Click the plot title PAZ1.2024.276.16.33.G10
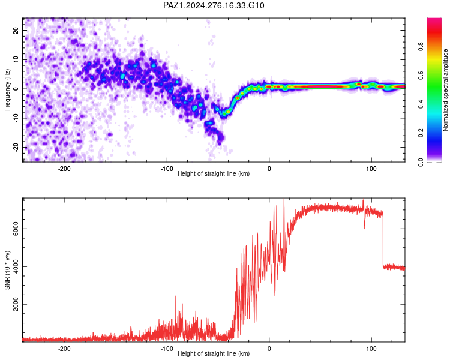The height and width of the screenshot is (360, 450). click(214, 5)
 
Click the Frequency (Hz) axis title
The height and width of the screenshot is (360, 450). click(7, 90)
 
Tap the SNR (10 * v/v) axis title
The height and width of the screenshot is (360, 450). click(7, 270)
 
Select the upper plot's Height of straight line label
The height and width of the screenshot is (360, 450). click(214, 173)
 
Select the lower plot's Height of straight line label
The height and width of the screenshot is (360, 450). click(214, 353)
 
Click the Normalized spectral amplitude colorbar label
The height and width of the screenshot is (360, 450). click(445, 89)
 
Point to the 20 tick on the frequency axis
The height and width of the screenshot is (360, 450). click(16, 30)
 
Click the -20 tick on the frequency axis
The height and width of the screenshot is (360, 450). click(16, 148)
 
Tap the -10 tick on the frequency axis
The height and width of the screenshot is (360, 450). click(16, 118)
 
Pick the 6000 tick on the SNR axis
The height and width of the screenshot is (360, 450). click(16, 229)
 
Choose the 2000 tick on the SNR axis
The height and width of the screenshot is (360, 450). click(16, 304)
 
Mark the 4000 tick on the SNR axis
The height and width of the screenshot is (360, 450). click(16, 266)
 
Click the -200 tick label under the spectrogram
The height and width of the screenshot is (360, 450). click(64, 169)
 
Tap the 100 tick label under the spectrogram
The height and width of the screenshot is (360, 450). click(371, 169)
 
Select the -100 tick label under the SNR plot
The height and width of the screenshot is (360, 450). click(167, 349)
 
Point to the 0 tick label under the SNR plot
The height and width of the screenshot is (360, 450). click(269, 349)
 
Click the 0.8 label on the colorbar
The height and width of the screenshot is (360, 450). click(421, 46)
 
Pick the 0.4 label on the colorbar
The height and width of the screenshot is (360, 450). click(421, 104)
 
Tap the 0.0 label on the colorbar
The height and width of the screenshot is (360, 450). click(421, 162)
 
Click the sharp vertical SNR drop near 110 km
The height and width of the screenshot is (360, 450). click(383, 240)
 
